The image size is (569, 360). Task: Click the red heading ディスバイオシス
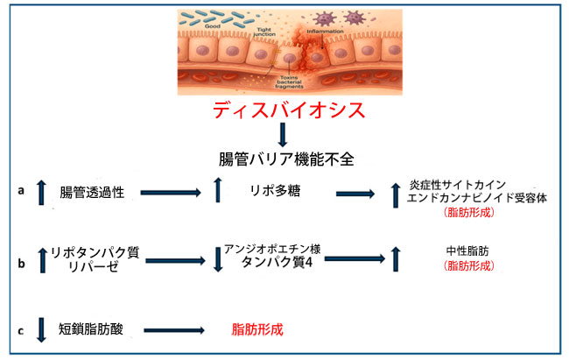click(x=284, y=111)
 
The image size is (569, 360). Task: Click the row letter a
click(x=20, y=188)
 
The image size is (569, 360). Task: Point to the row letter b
click(x=20, y=260)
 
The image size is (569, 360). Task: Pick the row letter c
click(x=20, y=329)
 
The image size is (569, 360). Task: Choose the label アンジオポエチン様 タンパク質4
click(x=272, y=255)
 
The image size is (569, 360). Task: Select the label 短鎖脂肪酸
click(x=92, y=329)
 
